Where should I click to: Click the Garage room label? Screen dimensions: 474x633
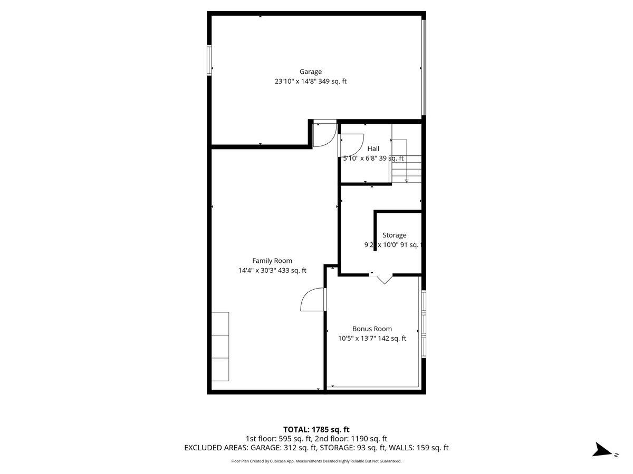point(310,72)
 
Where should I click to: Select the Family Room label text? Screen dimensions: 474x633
point(272,261)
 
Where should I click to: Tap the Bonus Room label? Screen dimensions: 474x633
point(372,329)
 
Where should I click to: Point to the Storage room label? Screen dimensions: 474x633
point(394,235)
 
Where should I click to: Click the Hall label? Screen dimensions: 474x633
point(373,149)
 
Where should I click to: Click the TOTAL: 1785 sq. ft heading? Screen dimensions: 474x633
point(316,429)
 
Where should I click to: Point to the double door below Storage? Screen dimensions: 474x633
point(385,278)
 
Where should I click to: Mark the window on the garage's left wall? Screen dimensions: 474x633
point(209,61)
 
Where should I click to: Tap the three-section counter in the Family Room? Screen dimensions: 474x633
point(220,346)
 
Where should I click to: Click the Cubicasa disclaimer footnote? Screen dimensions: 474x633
point(316,461)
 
